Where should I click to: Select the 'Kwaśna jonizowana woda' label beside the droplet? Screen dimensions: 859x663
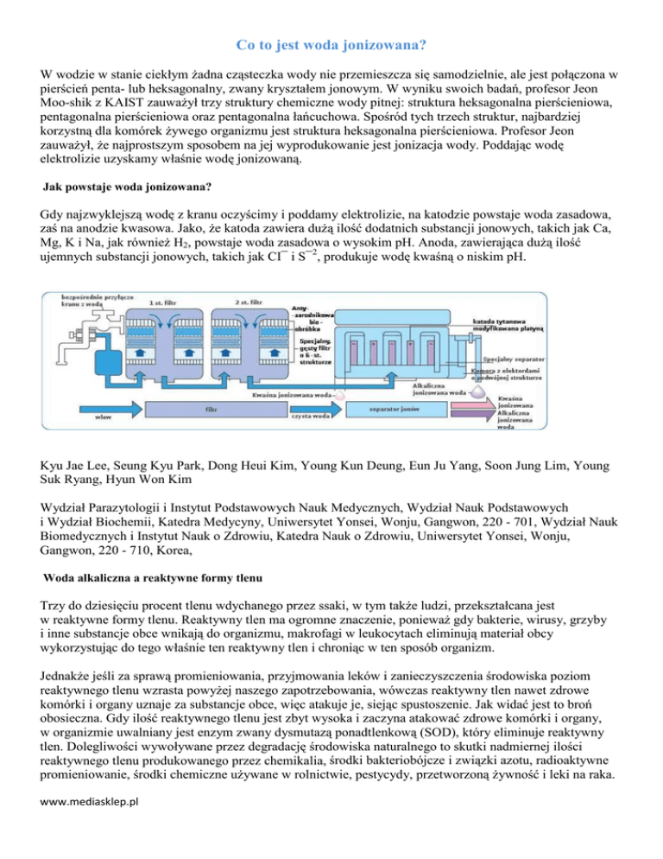click(294, 395)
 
